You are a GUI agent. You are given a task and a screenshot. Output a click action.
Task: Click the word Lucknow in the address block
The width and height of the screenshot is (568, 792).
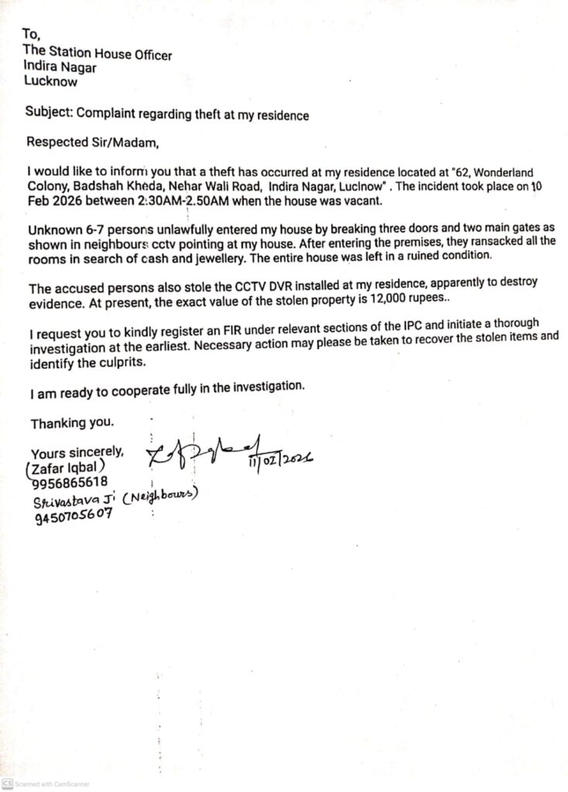click(51, 80)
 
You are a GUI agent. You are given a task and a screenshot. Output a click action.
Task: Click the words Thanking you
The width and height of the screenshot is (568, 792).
click(72, 423)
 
